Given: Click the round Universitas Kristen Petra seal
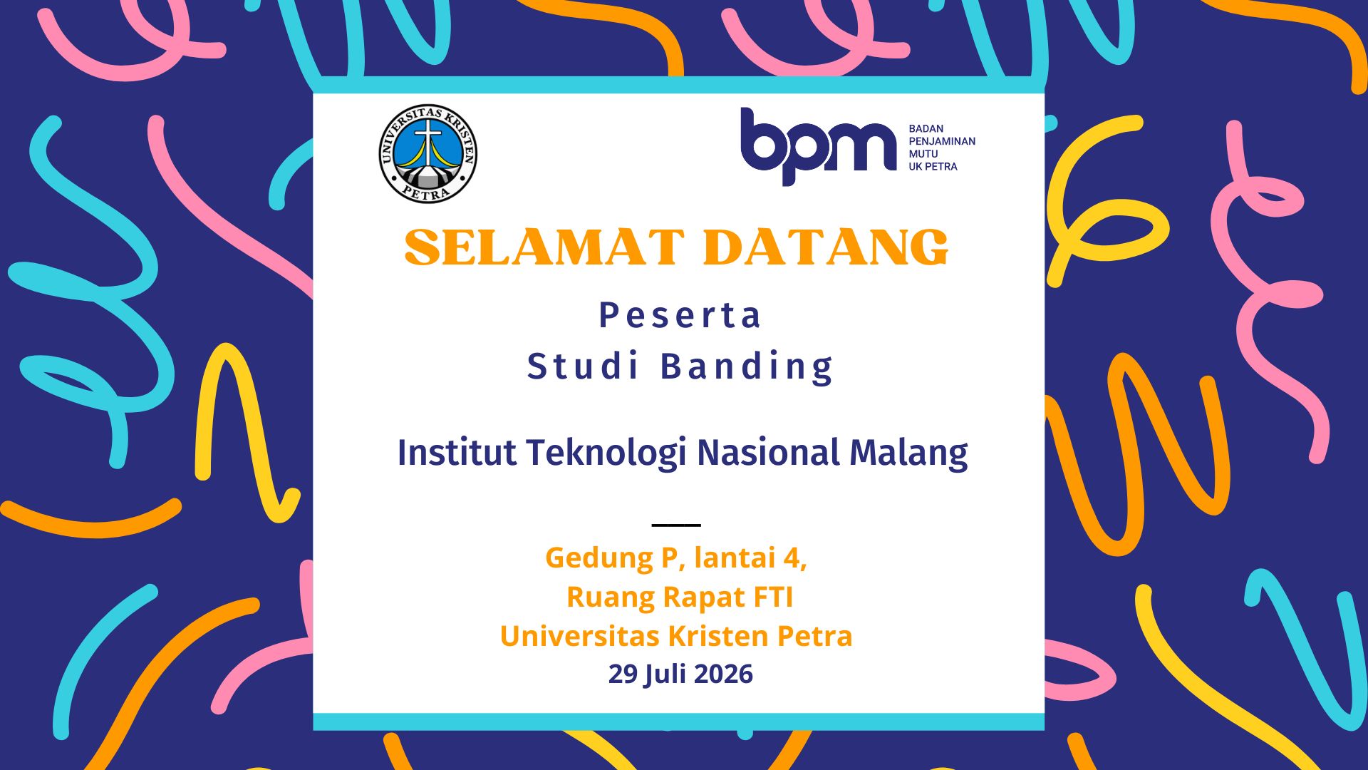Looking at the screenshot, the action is click(427, 153).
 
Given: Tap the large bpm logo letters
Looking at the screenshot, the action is click(818, 147).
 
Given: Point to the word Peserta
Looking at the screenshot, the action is click(680, 315).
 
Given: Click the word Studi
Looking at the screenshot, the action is click(583, 366).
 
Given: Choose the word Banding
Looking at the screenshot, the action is click(747, 367).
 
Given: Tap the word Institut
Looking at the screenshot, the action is click(457, 452).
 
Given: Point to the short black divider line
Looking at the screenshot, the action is click(676, 525).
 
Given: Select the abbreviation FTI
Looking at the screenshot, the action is click(773, 597).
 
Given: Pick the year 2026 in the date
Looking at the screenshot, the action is click(723, 674).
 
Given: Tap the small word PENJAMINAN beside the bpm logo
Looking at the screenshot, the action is click(942, 141).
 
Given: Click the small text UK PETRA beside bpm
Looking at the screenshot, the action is click(933, 166).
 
